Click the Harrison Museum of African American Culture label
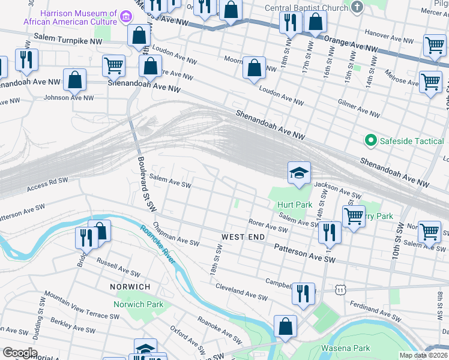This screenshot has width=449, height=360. (78, 18)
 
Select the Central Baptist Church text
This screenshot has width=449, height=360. (307, 8)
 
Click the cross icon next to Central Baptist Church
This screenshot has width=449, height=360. (358, 8)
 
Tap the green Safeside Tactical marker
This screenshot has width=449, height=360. (370, 141)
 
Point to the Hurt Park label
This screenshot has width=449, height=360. (294, 205)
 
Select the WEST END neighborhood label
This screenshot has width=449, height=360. (243, 238)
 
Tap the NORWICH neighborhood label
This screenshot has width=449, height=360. (130, 287)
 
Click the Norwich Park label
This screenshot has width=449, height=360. (139, 304)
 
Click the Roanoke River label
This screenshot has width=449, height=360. (158, 245)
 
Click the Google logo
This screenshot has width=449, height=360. (20, 352)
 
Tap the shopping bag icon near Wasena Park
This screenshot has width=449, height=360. (286, 327)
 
